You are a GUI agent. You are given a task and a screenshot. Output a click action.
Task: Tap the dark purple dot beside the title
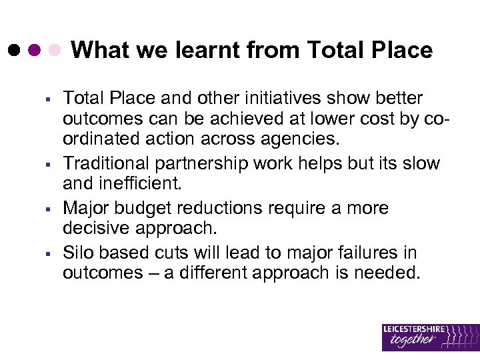coord(34,50)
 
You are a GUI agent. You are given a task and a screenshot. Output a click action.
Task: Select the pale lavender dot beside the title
coord(56,50)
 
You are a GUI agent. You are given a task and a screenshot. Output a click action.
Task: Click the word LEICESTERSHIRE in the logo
coord(413,329)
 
